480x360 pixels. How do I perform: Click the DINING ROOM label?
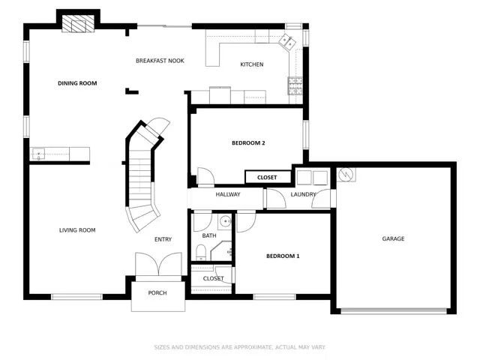coord(77,83)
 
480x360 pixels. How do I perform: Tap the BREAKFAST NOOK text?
coord(160,61)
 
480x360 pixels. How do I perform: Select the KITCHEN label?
coord(252,64)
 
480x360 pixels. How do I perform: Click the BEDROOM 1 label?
coord(283,256)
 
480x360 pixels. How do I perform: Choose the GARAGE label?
coord(393,238)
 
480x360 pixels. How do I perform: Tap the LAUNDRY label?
coord(303,194)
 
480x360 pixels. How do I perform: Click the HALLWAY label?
coord(228,194)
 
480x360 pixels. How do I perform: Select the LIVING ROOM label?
coord(77,230)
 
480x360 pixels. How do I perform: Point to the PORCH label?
coord(157,292)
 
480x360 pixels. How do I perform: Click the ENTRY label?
coord(163,240)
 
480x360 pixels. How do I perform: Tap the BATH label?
coord(209,235)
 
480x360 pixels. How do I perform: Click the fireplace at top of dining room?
coord(79,24)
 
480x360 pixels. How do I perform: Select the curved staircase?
coord(142,172)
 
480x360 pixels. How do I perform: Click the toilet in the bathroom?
coord(201,251)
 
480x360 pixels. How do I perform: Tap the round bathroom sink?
coord(223,223)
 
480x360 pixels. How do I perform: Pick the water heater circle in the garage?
coord(346,175)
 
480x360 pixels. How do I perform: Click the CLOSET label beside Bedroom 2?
coord(267,178)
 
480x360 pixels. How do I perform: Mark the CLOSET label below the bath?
coord(213,279)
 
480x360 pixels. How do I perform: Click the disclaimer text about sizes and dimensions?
coord(240,346)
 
